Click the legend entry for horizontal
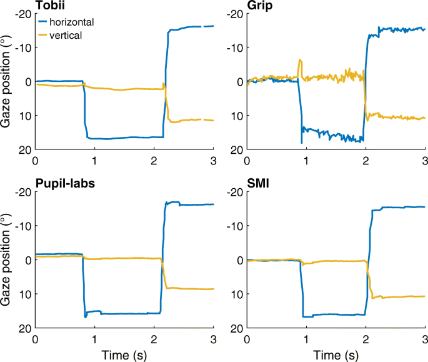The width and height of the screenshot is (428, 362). tap(66, 22)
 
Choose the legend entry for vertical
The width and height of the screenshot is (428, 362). tap(61, 36)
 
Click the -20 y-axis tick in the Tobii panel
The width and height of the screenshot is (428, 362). tap(21, 14)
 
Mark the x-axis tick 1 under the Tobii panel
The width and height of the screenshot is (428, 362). tap(94, 160)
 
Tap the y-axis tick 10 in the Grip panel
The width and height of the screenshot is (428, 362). tap(236, 116)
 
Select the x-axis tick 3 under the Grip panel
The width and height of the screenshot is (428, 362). tap(425, 160)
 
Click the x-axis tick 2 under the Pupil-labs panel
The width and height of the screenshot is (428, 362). tap(154, 339)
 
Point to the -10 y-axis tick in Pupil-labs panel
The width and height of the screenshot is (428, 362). tap(21, 226)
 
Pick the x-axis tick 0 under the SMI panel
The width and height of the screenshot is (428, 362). tap(247, 339)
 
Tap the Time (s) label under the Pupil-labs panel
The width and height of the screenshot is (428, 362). tap(124, 354)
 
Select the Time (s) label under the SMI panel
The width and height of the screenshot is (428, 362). tap(336, 354)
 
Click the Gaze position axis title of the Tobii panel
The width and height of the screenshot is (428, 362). tap(7, 82)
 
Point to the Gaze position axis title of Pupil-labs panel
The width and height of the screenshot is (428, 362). tap(7, 261)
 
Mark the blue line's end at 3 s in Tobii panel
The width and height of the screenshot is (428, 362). tap(212, 26)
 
